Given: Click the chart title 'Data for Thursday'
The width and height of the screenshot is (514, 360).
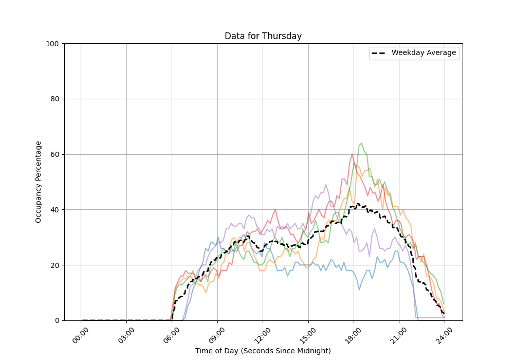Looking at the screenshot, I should tap(263, 36).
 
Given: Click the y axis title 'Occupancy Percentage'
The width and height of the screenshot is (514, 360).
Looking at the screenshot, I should tap(39, 182).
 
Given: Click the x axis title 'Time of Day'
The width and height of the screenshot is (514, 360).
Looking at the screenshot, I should tap(263, 351).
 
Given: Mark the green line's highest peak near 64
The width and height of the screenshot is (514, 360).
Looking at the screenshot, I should tap(361, 143).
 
